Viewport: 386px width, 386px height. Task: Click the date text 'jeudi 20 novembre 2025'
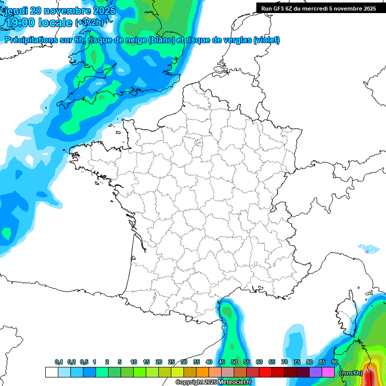[x=60, y=10]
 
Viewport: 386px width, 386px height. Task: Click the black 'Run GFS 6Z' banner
[x=319, y=9]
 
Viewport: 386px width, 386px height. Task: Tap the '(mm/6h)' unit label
[x=351, y=373]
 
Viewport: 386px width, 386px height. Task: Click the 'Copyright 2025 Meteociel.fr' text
[x=213, y=382]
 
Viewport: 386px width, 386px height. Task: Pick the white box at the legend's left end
[x=51, y=372]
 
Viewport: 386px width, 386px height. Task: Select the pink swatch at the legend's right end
[x=328, y=372]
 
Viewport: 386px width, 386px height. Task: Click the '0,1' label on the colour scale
[x=58, y=362]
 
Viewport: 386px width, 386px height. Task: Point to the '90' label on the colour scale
[x=335, y=362]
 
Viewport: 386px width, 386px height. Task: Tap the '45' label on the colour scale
[x=222, y=362]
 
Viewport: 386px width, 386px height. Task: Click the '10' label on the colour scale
[x=133, y=362]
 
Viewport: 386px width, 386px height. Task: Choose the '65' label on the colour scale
[x=272, y=362]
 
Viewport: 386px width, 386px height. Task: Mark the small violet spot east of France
[x=367, y=250]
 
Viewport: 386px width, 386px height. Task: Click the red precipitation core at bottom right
[x=370, y=376]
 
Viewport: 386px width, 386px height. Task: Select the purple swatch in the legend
[x=316, y=372]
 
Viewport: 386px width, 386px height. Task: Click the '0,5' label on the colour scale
[x=83, y=362]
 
